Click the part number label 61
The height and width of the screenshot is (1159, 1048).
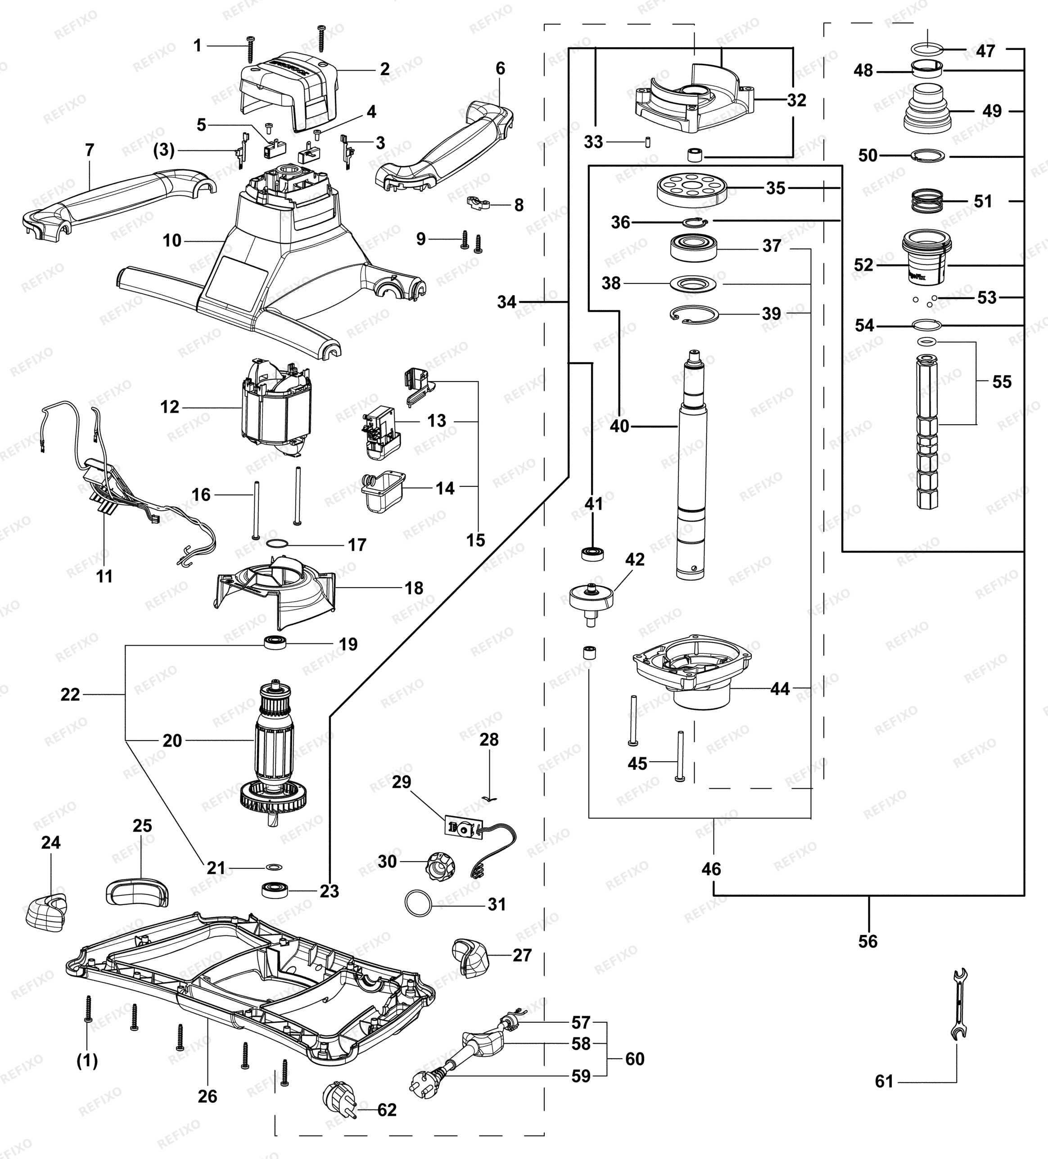[x=884, y=1082]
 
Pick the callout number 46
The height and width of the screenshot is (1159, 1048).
[x=712, y=869]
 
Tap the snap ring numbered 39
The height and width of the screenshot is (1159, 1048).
[x=695, y=314]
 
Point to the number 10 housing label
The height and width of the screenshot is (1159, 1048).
[x=172, y=240]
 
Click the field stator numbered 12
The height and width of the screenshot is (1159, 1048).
[x=277, y=407]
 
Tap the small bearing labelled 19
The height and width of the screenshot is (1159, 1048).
[x=275, y=642]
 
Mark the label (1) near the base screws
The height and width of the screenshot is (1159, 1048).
[x=87, y=1061]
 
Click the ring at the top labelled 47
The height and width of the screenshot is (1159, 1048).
[x=928, y=50]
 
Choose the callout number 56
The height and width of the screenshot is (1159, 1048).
[x=868, y=941]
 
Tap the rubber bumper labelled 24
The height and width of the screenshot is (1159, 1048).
[x=46, y=912]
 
